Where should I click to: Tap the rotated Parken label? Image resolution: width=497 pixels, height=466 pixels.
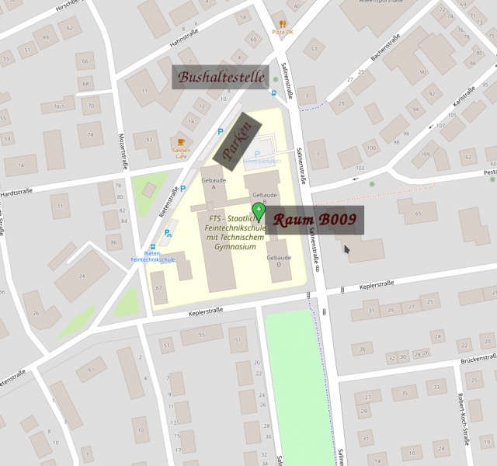(x=237, y=141)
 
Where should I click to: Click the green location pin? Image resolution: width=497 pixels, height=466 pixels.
(x=258, y=210)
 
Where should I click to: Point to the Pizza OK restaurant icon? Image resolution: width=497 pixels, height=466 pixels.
(x=283, y=23)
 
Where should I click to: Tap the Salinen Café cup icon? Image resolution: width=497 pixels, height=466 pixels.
(x=181, y=144)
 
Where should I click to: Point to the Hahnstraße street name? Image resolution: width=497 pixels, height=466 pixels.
(x=186, y=36)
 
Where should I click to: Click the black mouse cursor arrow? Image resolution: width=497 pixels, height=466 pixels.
(x=346, y=249)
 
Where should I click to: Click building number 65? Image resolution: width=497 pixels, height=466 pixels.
(x=419, y=213)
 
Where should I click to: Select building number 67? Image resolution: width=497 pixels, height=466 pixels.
(x=158, y=288)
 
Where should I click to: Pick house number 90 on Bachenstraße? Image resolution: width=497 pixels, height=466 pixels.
(x=422, y=72)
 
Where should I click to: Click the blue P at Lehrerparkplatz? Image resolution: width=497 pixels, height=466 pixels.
(x=257, y=154)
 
